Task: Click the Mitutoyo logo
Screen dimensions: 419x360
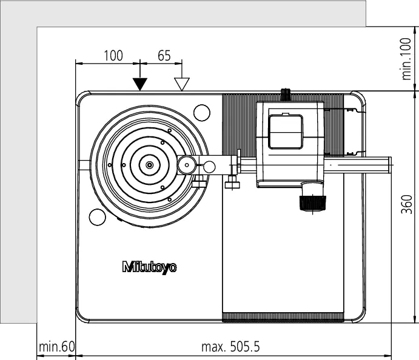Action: click(x=149, y=267)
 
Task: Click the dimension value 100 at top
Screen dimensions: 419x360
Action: click(x=113, y=56)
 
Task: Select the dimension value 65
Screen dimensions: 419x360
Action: click(x=164, y=56)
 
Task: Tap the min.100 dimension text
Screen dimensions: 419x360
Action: click(x=406, y=59)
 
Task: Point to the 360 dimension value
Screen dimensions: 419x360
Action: click(x=406, y=204)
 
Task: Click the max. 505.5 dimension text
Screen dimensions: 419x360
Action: click(x=230, y=347)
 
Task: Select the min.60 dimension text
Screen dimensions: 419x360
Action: click(x=56, y=347)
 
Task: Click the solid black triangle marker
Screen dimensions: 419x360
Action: click(x=140, y=84)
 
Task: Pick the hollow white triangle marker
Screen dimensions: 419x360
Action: click(x=182, y=84)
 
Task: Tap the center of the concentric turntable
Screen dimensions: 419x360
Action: click(x=150, y=165)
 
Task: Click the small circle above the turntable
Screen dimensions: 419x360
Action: click(x=202, y=113)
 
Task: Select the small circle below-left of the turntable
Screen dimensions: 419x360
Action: click(x=97, y=217)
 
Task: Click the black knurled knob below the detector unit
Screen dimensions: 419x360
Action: click(x=312, y=203)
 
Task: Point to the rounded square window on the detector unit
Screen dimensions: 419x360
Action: click(x=286, y=132)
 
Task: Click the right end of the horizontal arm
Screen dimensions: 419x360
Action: click(x=391, y=165)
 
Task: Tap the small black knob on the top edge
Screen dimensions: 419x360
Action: click(x=286, y=95)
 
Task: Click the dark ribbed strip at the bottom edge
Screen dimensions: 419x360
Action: click(x=283, y=317)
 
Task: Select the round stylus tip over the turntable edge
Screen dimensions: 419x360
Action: click(x=187, y=165)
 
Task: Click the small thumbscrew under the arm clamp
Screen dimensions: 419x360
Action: click(x=232, y=184)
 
